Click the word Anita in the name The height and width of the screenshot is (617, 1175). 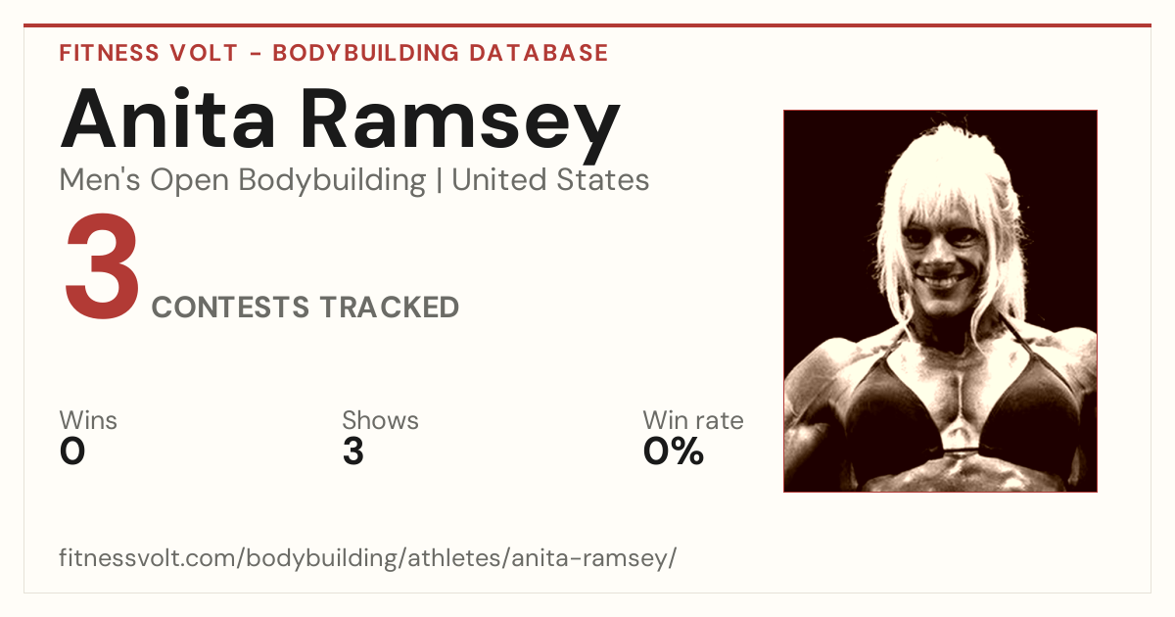click(x=167, y=119)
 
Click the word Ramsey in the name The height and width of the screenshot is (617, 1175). click(x=460, y=126)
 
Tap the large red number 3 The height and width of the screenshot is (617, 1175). click(x=102, y=265)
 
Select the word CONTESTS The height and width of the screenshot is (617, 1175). click(x=230, y=307)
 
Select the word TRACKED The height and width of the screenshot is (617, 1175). click(x=390, y=307)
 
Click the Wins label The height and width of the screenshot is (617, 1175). click(x=88, y=420)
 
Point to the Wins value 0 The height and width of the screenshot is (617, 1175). click(x=72, y=451)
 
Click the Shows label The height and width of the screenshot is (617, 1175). click(x=380, y=420)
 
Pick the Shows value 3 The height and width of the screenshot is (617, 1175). click(x=353, y=451)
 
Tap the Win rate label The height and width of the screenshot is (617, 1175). click(x=693, y=420)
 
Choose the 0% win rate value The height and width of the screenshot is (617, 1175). click(x=674, y=451)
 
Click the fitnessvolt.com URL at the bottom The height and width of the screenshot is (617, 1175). click(x=368, y=557)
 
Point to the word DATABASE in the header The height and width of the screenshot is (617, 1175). click(x=539, y=53)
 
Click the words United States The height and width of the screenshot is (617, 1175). click(x=550, y=180)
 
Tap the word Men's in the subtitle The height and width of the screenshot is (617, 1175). click(x=100, y=180)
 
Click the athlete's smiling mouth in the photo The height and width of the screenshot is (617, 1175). click(x=942, y=280)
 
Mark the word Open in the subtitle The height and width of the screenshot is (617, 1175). click(x=190, y=181)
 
